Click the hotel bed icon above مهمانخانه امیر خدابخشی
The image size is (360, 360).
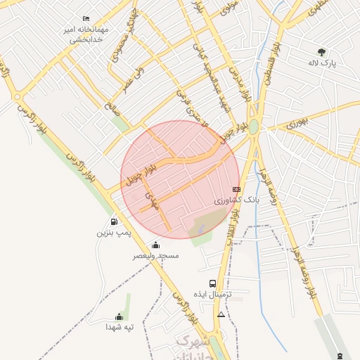coord(86,18)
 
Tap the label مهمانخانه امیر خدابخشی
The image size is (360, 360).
coord(86,34)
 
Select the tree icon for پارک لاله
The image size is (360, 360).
coord(322,52)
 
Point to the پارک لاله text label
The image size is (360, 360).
coord(322,63)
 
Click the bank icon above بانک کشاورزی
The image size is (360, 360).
coord(236,189)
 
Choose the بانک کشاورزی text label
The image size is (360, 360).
coord(237,200)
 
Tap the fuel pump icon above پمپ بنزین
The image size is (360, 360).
coord(114,221)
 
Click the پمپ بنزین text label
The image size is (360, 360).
coord(114,232)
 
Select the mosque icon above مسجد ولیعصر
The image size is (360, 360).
coord(155,245)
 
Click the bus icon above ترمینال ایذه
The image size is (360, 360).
coord(213,283)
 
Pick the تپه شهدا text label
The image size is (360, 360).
coord(120,327)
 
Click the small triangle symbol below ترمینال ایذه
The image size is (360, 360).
coord(221,314)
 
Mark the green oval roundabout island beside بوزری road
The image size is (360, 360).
coord(254,127)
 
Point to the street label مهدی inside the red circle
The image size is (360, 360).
coord(148,199)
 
